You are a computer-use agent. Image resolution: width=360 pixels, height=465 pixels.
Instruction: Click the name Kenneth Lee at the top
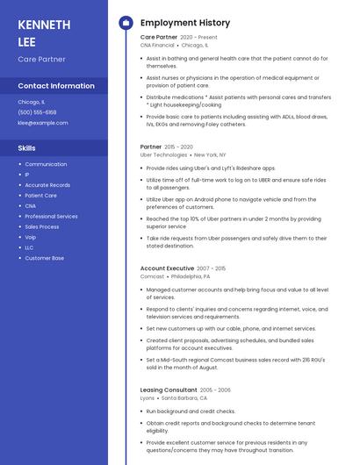tap(44, 32)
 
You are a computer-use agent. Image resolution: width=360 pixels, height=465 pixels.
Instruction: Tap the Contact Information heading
tap(56, 86)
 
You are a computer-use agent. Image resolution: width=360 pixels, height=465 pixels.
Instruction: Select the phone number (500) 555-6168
tap(37, 112)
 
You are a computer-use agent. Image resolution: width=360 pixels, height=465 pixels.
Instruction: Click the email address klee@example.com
tap(43, 123)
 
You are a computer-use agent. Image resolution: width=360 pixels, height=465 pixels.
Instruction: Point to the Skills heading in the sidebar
tap(27, 148)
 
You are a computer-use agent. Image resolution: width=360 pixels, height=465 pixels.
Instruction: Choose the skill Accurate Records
tap(47, 185)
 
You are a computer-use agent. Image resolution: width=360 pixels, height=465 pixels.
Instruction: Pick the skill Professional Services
tap(51, 216)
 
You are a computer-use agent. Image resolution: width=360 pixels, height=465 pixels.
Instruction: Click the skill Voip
tap(31, 237)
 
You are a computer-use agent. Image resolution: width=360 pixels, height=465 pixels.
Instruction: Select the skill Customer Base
tap(44, 258)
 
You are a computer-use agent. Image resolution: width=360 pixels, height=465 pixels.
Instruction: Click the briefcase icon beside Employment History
tap(126, 23)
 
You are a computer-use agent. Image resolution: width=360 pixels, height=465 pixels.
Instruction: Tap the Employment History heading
tap(185, 23)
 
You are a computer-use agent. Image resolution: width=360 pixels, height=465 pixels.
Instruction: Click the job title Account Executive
tap(167, 268)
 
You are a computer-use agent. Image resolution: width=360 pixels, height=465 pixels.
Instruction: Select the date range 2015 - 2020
tap(179, 147)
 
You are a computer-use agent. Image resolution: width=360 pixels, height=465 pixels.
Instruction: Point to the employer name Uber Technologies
tap(163, 154)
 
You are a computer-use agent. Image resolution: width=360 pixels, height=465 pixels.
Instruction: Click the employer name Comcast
tap(152, 275)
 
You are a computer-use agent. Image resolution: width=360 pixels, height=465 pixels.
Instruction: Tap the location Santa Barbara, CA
tap(184, 397)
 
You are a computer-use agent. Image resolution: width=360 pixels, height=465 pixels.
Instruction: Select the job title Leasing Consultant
tap(169, 390)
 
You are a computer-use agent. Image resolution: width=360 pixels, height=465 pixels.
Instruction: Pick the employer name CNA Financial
tap(163, 45)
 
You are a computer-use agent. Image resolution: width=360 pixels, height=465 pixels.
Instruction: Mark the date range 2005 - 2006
tap(215, 390)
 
